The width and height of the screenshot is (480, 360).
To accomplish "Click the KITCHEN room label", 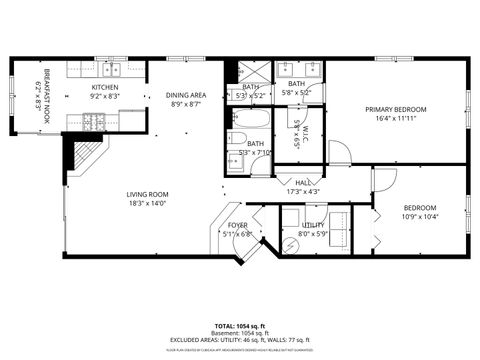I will coord(106,88).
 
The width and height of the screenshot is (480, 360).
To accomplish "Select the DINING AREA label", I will coord(185,95).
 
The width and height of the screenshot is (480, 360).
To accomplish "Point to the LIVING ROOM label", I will coord(147,194).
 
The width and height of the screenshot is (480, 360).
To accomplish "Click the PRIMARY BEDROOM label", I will coord(396,109).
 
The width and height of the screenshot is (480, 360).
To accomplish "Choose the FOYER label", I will coord(237,226).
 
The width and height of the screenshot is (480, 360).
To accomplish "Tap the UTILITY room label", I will coord(314,226).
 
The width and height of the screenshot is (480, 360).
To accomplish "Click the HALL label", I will coord(301,182).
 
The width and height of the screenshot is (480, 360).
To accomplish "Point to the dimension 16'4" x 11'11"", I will coord(396,118).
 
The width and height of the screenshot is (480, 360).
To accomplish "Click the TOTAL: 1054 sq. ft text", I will coord(240,326).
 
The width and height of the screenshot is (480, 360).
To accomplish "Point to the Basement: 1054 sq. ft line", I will coord(240,333).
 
